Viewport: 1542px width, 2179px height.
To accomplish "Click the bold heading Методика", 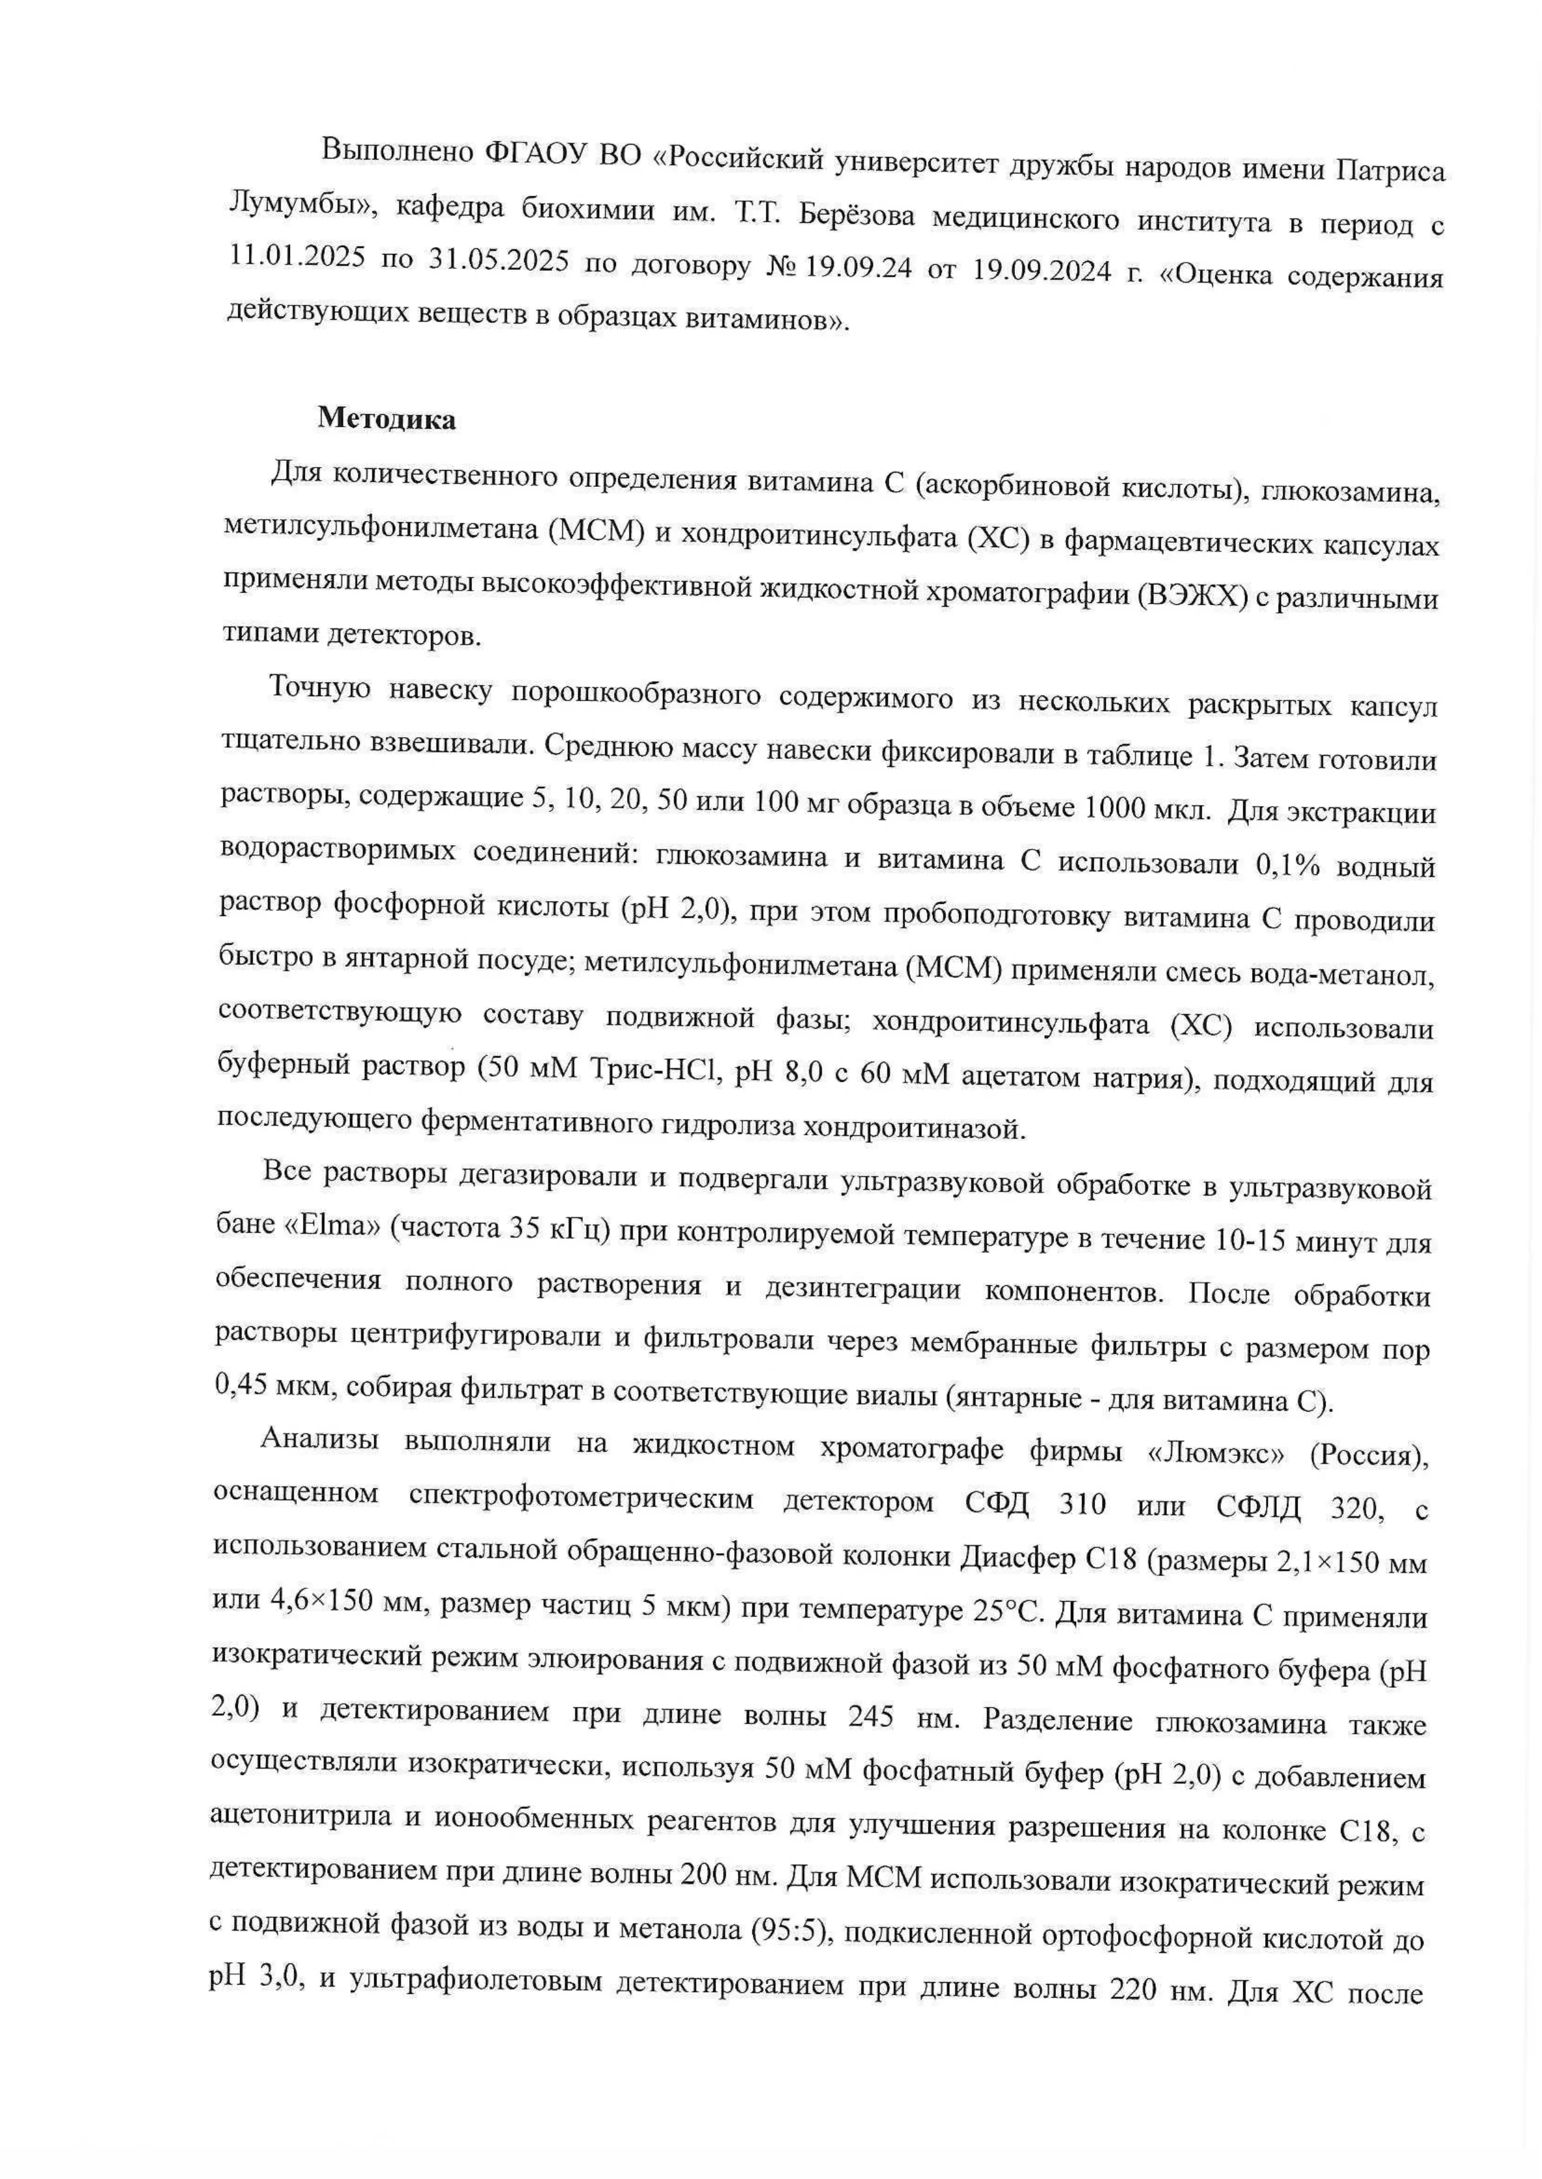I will [387, 419].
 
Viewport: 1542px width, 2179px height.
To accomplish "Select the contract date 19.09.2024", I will [1042, 271].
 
